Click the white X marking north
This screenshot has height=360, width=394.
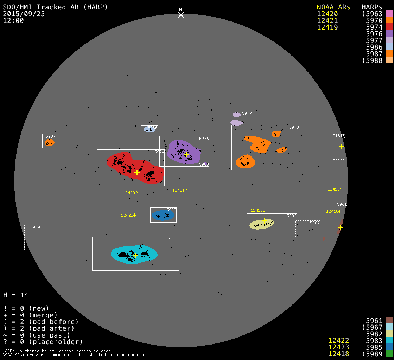point(181,15)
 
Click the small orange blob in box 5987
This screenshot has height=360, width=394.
point(50,142)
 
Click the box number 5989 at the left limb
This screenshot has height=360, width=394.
point(35,227)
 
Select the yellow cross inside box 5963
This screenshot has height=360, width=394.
point(342,146)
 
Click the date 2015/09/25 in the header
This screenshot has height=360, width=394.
point(24,14)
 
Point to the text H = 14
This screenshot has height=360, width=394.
point(16,295)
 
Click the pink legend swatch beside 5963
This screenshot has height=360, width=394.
point(389,13)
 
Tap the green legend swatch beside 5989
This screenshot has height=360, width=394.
point(389,354)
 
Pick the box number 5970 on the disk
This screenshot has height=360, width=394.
point(294,127)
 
